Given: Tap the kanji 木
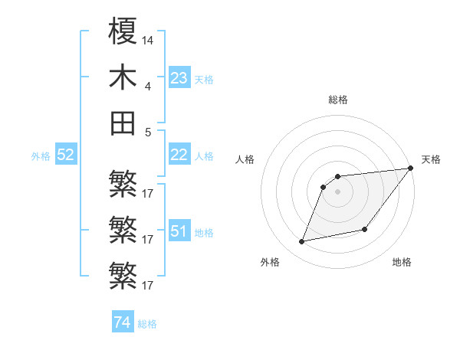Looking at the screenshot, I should click(123, 79).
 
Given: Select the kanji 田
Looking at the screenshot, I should click(123, 123).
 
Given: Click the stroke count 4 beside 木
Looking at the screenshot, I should click(148, 87).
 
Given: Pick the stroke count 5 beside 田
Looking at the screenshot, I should click(148, 131).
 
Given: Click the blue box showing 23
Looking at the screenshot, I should click(179, 78).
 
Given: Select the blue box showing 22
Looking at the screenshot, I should click(179, 155).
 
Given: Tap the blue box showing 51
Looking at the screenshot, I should click(179, 231).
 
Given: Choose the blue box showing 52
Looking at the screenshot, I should click(65, 155).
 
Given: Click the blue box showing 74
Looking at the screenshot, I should click(122, 323).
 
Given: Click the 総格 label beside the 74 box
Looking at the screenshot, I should click(147, 324).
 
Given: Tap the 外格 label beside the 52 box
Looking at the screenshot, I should click(41, 156).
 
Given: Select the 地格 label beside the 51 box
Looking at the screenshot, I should click(204, 232).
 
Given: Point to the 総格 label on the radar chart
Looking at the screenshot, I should click(337, 100).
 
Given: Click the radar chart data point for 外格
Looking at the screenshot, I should click(302, 242).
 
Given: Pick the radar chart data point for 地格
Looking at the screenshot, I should click(366, 229).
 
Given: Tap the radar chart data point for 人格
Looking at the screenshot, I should click(324, 186).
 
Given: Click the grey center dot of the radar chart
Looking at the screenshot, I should click(337, 191).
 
